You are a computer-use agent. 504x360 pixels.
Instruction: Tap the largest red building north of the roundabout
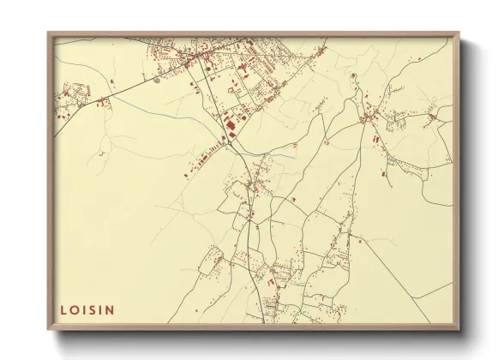point(229,127)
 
